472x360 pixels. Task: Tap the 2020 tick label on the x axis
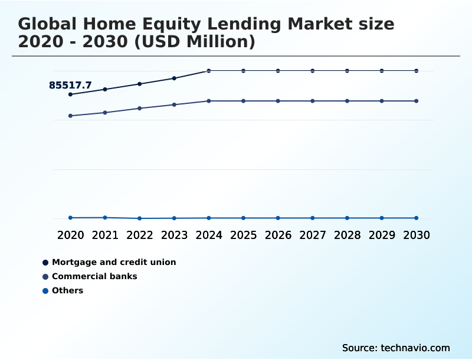(x=70, y=235)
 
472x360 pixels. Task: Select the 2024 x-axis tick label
(x=209, y=235)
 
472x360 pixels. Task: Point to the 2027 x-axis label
(x=313, y=235)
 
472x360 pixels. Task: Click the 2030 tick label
(x=417, y=235)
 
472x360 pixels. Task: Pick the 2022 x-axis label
(x=140, y=235)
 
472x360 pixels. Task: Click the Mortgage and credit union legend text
(x=114, y=262)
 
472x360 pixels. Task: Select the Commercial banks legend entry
(x=94, y=276)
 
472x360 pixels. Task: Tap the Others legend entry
(x=67, y=290)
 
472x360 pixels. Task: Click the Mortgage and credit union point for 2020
(x=70, y=94)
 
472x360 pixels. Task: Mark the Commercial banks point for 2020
(x=70, y=116)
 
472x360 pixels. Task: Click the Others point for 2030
(x=417, y=218)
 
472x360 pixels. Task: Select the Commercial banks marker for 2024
(x=209, y=101)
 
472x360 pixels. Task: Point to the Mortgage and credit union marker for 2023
(x=174, y=78)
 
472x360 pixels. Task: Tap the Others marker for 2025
(x=243, y=218)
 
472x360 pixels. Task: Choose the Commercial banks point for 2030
(x=417, y=101)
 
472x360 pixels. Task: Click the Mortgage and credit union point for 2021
(x=105, y=89)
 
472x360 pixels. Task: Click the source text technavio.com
(x=415, y=348)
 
